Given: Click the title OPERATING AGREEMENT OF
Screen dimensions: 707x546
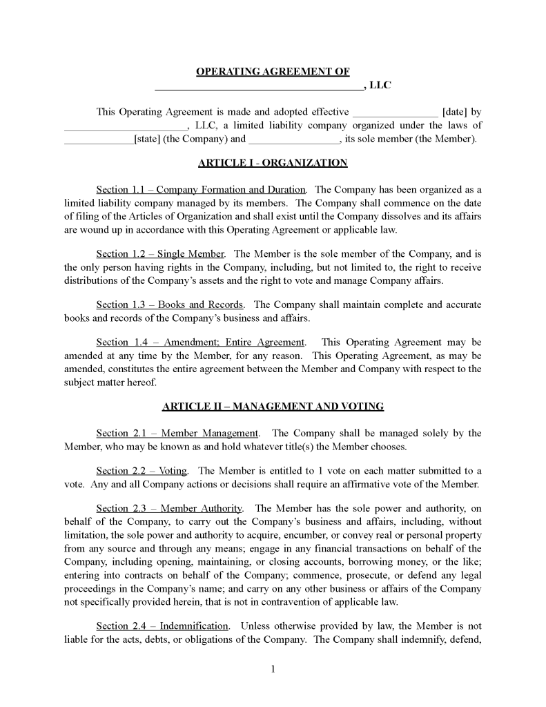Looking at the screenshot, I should tap(273, 72).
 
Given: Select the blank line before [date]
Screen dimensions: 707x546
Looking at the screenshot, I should tap(395, 113).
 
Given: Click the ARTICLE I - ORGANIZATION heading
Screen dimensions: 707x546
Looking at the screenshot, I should tap(273, 163).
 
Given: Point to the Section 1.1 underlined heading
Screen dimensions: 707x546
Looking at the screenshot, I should tap(201, 189).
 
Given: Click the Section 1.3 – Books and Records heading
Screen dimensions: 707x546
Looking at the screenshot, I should tap(170, 304).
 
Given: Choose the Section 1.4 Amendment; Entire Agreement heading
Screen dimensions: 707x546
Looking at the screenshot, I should tap(200, 342).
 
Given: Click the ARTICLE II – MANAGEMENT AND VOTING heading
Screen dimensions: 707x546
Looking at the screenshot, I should tap(273, 407).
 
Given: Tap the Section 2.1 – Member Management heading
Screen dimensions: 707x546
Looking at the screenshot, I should tap(177, 434).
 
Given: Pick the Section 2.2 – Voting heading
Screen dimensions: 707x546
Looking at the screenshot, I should tap(142, 471).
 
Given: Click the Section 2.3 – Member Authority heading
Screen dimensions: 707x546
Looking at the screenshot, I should tap(169, 509).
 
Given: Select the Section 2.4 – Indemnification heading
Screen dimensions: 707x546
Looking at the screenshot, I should tap(162, 626).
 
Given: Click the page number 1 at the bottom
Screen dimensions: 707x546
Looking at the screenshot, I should tap(273, 669).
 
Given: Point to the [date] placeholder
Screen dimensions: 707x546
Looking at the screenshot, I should tap(454, 113).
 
